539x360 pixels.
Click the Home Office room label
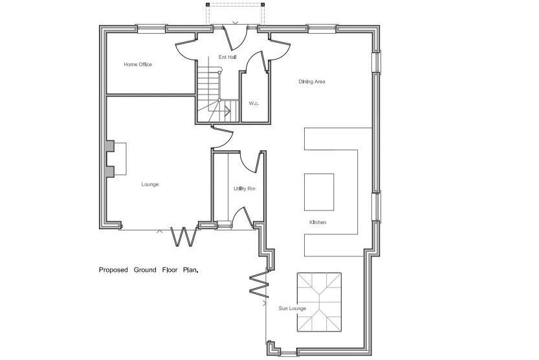pyautogui.click(x=138, y=64)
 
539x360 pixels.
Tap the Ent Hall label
pyautogui.click(x=228, y=57)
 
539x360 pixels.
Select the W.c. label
pyautogui.click(x=254, y=103)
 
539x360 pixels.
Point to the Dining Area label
pyautogui.click(x=312, y=82)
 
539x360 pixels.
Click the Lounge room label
pyautogui.click(x=150, y=185)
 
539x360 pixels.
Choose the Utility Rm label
pyautogui.click(x=245, y=189)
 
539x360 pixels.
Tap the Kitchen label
pyautogui.click(x=318, y=223)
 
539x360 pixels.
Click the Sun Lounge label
pyautogui.click(x=292, y=308)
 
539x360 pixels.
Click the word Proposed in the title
pyautogui.click(x=113, y=270)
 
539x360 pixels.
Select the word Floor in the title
pyautogui.click(x=170, y=270)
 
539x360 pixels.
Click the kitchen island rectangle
pyautogui.click(x=319, y=192)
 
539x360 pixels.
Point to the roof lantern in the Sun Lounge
pyautogui.click(x=320, y=302)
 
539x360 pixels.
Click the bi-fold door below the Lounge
pyautogui.click(x=185, y=237)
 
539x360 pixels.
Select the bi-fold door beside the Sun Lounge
pyautogui.click(x=259, y=284)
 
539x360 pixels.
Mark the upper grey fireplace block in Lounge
pyautogui.click(x=110, y=146)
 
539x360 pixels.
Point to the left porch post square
pyautogui.click(x=208, y=5)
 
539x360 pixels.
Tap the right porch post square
pyautogui.click(x=263, y=5)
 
